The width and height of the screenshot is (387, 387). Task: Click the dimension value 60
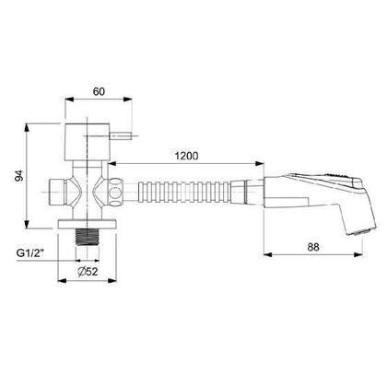(99, 91)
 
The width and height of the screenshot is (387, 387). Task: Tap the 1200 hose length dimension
(186, 156)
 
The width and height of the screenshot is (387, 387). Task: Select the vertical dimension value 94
(19, 175)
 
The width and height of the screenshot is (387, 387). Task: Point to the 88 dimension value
(313, 247)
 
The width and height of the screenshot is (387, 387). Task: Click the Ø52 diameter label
(88, 271)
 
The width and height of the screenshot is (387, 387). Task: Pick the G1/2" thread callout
(30, 253)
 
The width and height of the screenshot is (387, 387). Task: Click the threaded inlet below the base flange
(88, 237)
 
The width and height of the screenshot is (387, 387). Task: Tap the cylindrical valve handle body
(88, 142)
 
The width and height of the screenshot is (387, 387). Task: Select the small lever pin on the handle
(121, 135)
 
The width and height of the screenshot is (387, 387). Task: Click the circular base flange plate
(88, 224)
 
